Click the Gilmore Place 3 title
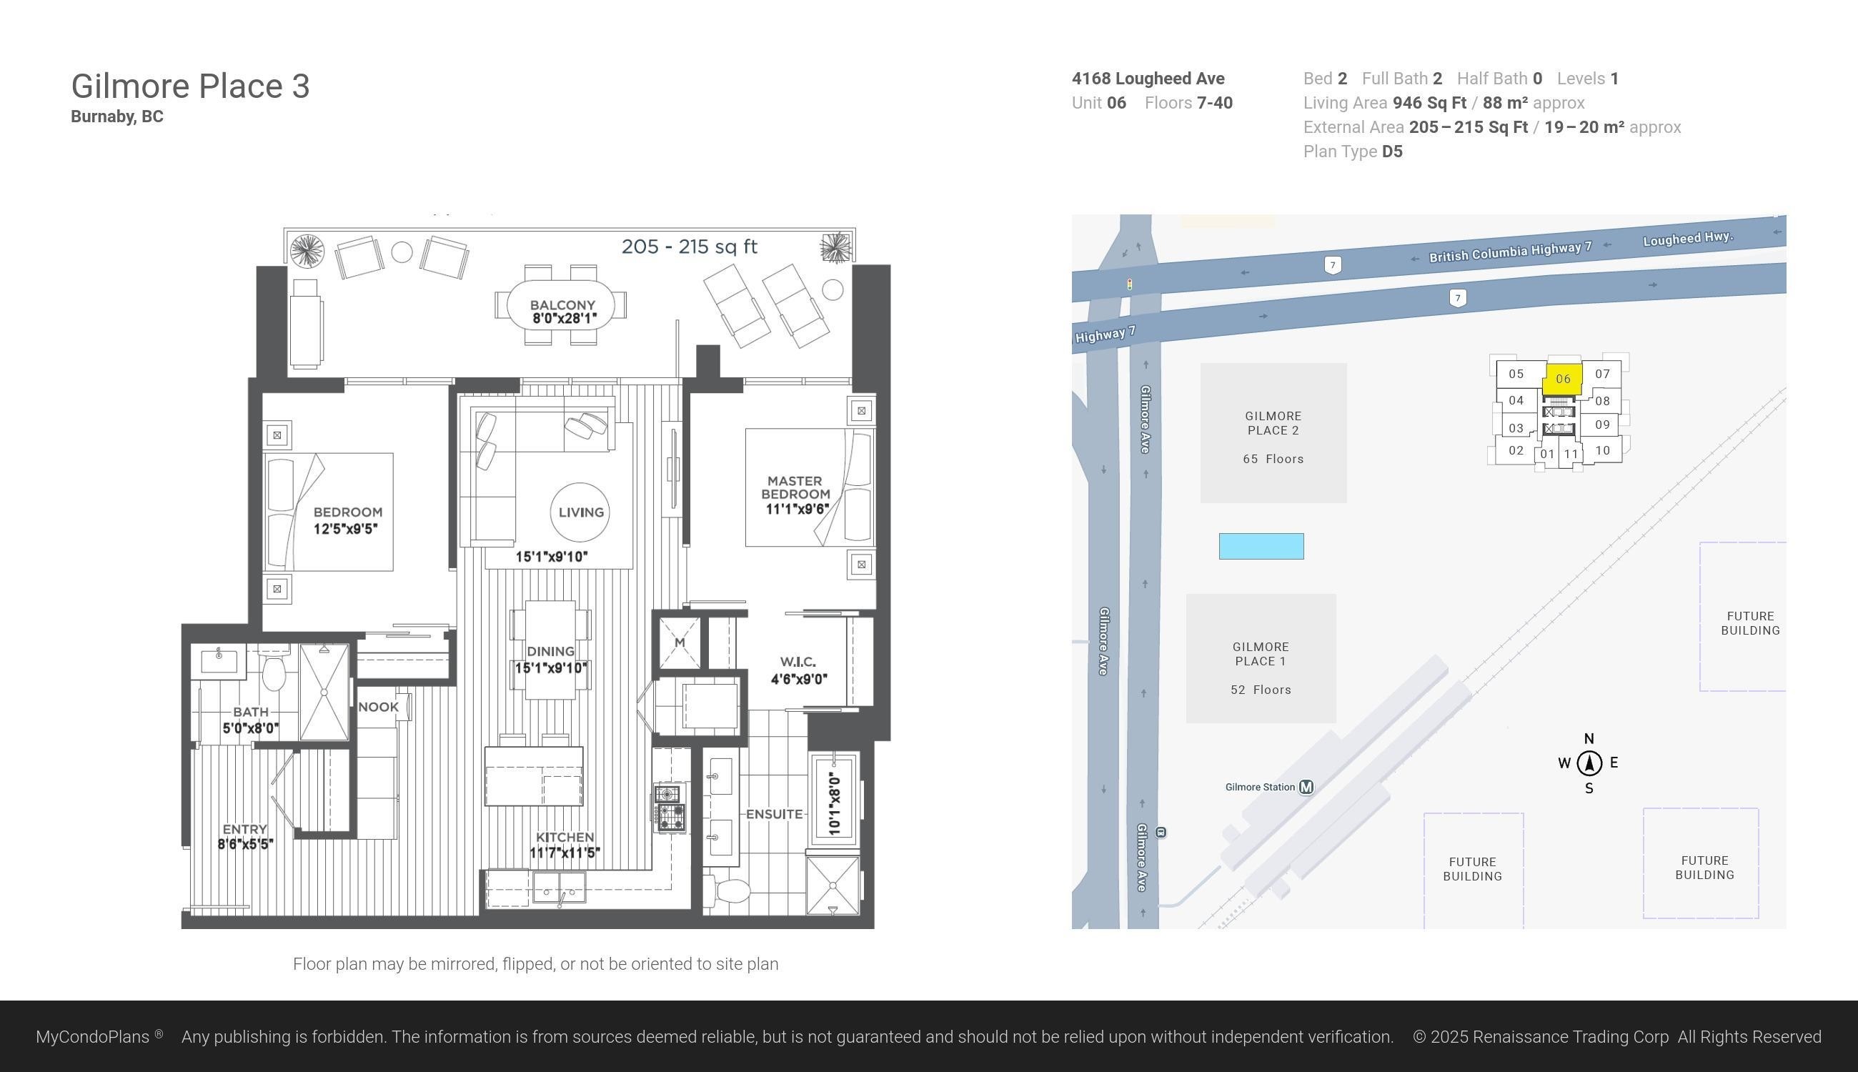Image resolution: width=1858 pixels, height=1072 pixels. coord(190,86)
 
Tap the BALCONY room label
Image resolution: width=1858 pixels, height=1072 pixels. coord(562,305)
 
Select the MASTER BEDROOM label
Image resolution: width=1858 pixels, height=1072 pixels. coord(795,487)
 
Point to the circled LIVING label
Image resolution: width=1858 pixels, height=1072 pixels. coord(581,512)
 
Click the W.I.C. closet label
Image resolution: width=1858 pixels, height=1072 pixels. coord(798,662)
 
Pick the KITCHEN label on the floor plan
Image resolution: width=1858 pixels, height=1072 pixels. coord(565,837)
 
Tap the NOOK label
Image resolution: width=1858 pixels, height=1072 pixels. coord(378,707)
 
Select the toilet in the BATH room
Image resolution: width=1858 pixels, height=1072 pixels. coord(273,668)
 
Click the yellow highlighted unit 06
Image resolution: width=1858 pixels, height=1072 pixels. coord(1563,379)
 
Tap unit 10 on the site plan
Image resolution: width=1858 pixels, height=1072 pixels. coord(1603,450)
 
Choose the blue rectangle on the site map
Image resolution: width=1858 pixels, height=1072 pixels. coord(1261,546)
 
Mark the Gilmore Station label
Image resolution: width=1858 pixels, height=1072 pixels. coord(1260,787)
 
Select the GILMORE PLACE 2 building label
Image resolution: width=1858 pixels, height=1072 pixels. coord(1273,423)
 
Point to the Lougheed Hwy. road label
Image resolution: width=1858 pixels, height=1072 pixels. coord(1688,239)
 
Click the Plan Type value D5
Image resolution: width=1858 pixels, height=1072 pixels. coord(1392,152)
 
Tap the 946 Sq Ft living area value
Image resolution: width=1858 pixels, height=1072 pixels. coord(1429,103)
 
